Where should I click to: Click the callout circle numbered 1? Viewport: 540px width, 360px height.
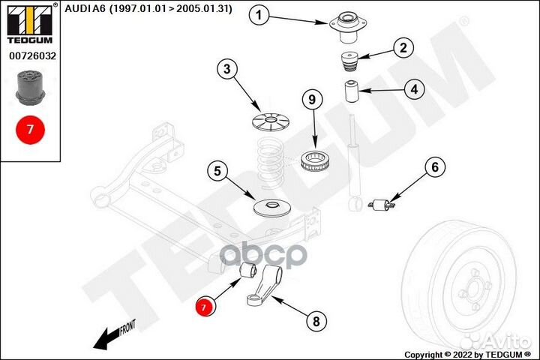point(259,15)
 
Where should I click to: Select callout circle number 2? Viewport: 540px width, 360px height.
point(403,49)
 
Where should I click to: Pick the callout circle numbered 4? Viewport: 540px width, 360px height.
point(412,88)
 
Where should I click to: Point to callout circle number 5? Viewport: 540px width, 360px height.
point(217,172)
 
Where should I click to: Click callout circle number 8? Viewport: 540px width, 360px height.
point(316,322)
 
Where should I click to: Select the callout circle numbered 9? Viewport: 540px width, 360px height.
point(313,99)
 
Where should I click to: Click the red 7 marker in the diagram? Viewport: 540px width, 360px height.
point(204,306)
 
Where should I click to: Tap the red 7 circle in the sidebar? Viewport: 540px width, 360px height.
point(30,129)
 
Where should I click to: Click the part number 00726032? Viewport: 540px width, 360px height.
point(30,55)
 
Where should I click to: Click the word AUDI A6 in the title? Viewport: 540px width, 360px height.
point(92,9)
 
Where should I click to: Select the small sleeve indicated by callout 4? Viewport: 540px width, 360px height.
point(350,92)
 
